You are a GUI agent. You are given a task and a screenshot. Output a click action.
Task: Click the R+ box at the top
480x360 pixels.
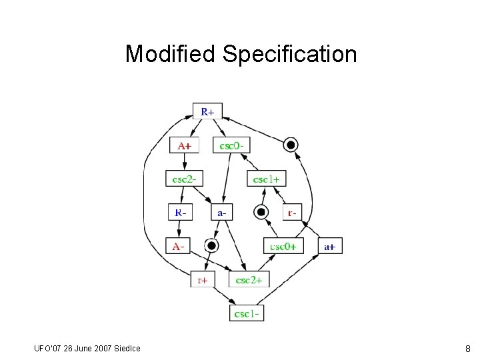pyautogui.click(x=207, y=112)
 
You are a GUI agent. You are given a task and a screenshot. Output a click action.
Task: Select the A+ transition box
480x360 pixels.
pyautogui.click(x=184, y=145)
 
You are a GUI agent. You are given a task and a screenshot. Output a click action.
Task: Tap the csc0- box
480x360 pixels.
pyautogui.click(x=231, y=145)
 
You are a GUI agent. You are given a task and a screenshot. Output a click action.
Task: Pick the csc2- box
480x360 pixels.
pyautogui.click(x=184, y=179)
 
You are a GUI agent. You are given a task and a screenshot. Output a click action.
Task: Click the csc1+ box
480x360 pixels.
pyautogui.click(x=267, y=179)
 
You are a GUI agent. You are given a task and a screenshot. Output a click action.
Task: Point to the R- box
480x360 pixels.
pyautogui.click(x=181, y=213)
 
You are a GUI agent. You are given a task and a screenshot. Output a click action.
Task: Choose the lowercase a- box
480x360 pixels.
pyautogui.click(x=222, y=213)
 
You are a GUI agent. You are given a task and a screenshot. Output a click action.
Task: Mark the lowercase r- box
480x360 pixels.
pyautogui.click(x=291, y=213)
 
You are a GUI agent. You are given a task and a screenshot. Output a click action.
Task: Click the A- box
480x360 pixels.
pyautogui.click(x=179, y=246)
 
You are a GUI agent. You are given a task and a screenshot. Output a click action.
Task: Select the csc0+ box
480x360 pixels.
pyautogui.click(x=283, y=246)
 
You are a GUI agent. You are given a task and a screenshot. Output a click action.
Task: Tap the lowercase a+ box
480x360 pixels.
pyautogui.click(x=330, y=246)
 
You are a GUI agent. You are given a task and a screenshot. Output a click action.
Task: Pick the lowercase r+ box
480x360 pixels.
pyautogui.click(x=202, y=279)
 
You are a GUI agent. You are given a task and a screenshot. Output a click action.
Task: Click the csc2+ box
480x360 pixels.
pyautogui.click(x=249, y=279)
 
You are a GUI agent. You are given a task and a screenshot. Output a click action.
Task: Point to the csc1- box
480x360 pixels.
pyautogui.click(x=247, y=313)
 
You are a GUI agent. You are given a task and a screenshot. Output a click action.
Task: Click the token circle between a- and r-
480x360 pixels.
pyautogui.click(x=261, y=213)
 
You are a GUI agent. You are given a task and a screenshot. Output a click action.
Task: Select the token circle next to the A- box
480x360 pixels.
pyautogui.click(x=211, y=245)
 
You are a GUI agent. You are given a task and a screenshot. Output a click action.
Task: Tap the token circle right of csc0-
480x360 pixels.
pyautogui.click(x=290, y=145)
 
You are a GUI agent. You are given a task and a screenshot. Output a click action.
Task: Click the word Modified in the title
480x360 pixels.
pyautogui.click(x=171, y=53)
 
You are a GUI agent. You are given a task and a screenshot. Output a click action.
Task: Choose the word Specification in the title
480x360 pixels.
pyautogui.click(x=290, y=53)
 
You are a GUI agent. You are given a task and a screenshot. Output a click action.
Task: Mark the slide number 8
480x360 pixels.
pyautogui.click(x=467, y=348)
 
